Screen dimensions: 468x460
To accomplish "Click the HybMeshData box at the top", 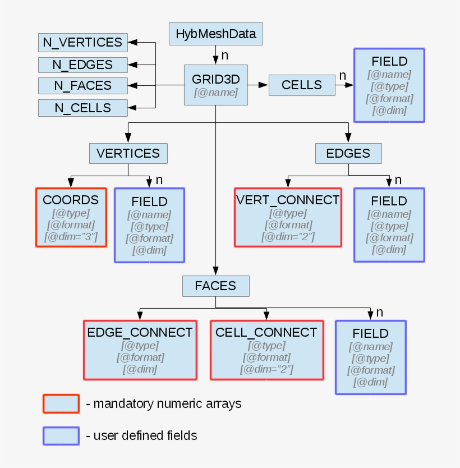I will [215, 34].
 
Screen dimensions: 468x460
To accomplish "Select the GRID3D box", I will [216, 85].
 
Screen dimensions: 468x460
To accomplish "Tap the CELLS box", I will [302, 85].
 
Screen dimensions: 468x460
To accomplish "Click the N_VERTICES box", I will [82, 42].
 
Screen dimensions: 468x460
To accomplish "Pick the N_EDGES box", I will [82, 65].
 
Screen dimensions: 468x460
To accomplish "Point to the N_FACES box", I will [82, 86].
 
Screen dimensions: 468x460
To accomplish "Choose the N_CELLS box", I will [82, 108].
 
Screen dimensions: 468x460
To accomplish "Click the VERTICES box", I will [128, 153].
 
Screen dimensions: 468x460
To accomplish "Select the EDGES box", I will [348, 153].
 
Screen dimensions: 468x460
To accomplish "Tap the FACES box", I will [215, 286].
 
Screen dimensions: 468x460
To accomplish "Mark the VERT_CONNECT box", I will [288, 217].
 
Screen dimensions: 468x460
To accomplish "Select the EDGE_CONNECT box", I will [140, 350].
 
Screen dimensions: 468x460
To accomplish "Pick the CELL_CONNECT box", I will [266, 350].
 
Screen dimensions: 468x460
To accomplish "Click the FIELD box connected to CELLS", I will [389, 85].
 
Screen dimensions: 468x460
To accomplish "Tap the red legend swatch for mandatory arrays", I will [61, 403].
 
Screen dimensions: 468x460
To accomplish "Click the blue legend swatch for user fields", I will [61, 435].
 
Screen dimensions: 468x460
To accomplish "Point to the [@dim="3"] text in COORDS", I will [71, 237].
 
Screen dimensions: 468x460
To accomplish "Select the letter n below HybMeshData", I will [224, 55].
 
